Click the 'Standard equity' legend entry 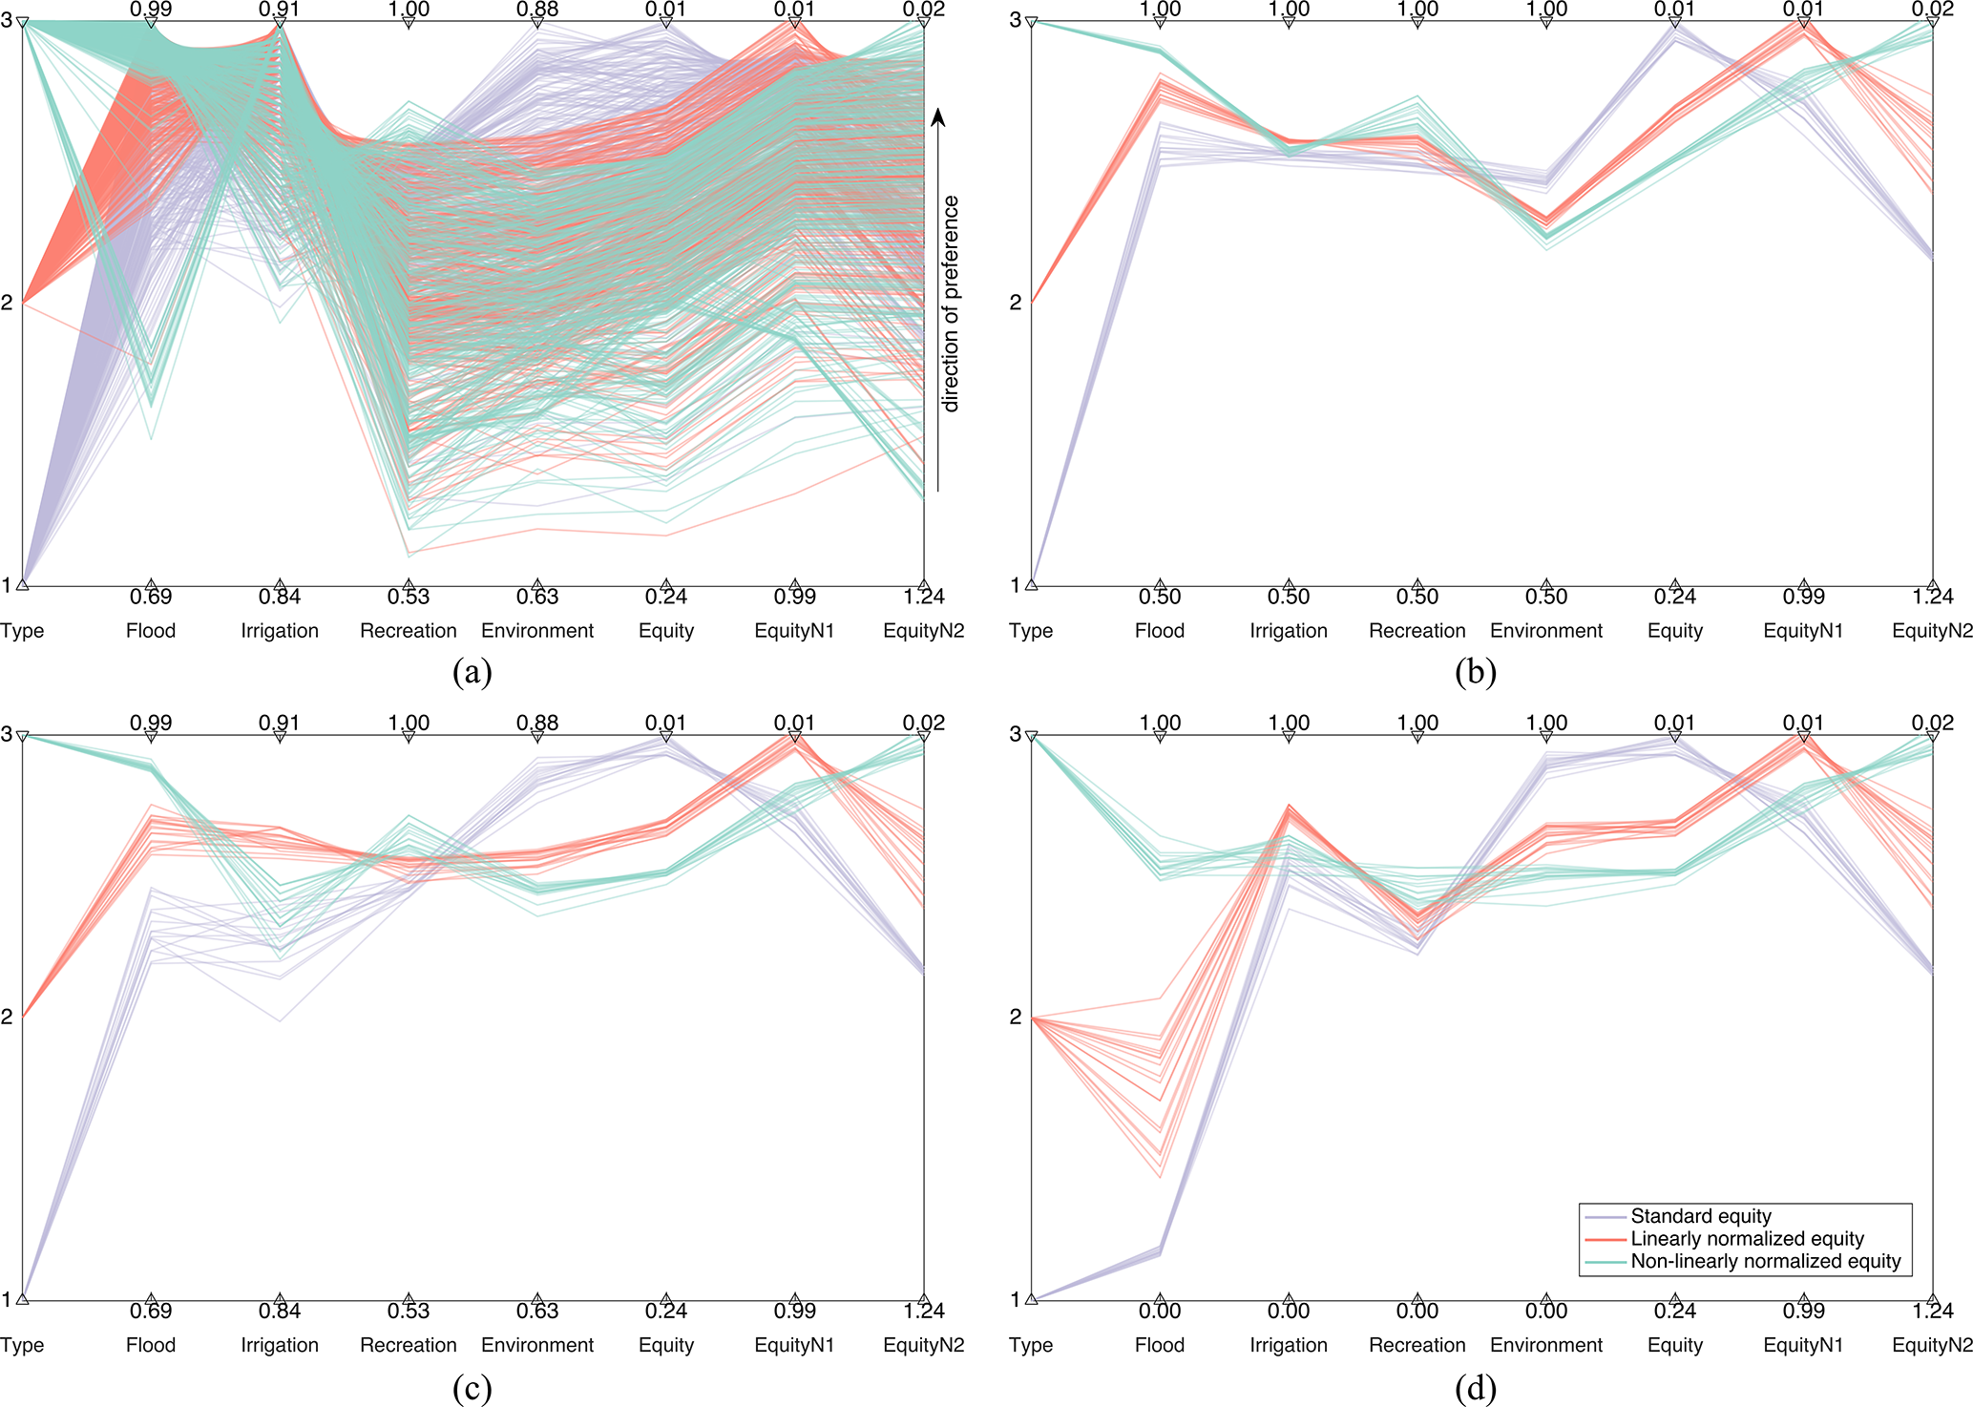(1700, 1216)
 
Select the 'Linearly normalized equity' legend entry (1747, 1239)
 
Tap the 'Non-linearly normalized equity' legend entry (1765, 1261)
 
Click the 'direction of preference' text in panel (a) (950, 304)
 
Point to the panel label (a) (472, 672)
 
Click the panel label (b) (1476, 672)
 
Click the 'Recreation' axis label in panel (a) (409, 631)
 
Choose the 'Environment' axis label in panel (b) (1546, 631)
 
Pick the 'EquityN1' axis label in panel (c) (794, 1345)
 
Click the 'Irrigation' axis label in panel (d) (1289, 1345)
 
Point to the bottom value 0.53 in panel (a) (409, 598)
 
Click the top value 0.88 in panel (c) (537, 723)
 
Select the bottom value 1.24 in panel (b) (1932, 598)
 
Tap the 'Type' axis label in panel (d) (1031, 1345)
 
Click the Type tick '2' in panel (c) (7, 1017)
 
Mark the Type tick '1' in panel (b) (1016, 585)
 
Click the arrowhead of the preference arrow (938, 116)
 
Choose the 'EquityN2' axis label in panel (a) (923, 631)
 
